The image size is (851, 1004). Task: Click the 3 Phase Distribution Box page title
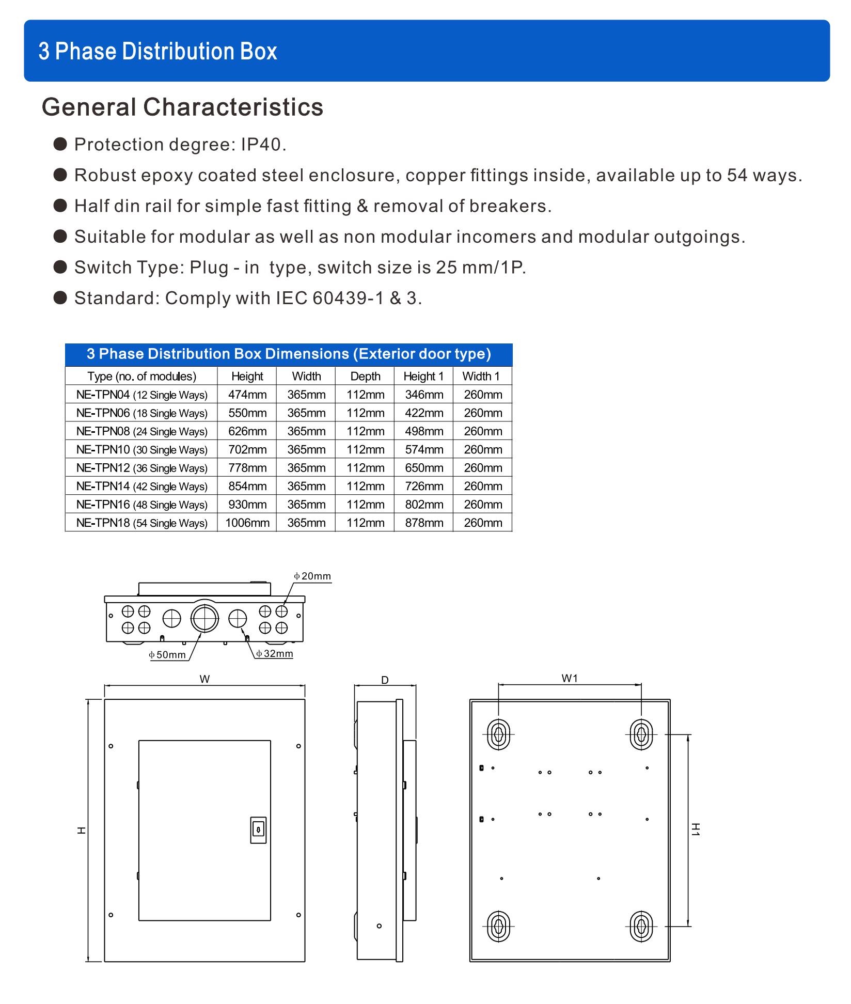point(157,51)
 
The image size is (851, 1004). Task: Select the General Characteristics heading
point(182,107)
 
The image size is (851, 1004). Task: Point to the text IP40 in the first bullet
point(262,145)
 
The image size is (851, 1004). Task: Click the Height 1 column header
point(423,376)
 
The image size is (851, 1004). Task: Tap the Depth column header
point(365,376)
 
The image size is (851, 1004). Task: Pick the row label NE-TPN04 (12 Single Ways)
point(141,395)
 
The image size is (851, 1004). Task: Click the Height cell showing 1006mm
point(247,523)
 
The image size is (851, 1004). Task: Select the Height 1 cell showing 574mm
point(424,450)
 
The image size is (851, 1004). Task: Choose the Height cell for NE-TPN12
point(247,468)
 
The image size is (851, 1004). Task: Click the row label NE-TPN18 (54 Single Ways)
point(141,523)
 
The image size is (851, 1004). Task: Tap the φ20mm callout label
point(312,576)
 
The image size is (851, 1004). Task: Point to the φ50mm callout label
point(167,655)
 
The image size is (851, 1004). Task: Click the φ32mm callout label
point(275,654)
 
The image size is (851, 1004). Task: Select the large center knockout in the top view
point(204,618)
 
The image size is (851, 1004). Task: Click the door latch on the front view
point(258,830)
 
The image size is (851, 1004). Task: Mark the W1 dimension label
point(570,679)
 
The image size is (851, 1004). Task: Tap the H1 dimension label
point(696,829)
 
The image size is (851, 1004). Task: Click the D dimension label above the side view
point(385,680)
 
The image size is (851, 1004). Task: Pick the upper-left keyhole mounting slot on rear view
point(499,734)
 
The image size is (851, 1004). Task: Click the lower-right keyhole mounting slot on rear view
point(641,926)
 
